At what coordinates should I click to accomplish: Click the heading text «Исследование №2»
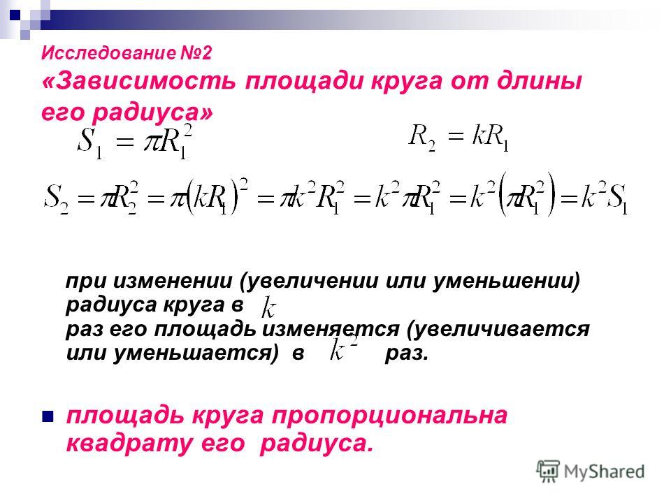127,53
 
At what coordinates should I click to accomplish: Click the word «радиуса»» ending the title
152,112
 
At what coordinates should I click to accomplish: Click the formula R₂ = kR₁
459,138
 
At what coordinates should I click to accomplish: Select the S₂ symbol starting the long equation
57,198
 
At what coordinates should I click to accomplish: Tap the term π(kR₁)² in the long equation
210,198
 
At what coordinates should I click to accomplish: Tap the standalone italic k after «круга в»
268,307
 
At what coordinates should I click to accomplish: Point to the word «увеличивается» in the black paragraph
498,329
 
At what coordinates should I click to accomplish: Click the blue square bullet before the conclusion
48,416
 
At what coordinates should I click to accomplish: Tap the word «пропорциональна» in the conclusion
390,416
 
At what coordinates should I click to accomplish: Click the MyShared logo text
604,472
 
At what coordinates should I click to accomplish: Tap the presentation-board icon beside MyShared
548,471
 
